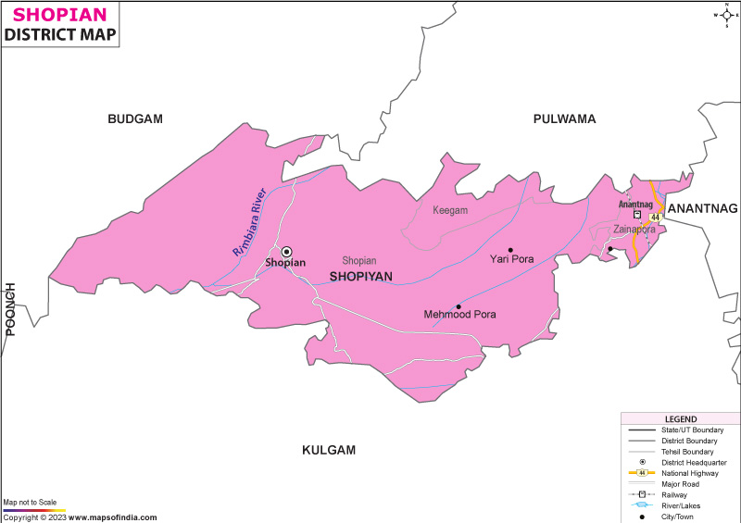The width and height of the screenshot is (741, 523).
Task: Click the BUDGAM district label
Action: (x=135, y=118)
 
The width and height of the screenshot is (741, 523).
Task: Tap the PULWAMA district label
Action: (x=564, y=118)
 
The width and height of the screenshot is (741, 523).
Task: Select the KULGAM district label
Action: (x=329, y=450)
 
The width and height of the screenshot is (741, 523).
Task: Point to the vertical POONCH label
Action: (x=11, y=308)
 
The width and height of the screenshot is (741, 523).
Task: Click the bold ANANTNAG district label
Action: (x=702, y=208)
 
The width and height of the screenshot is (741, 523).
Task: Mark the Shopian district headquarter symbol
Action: (x=286, y=251)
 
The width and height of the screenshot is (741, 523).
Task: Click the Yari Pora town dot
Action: (x=510, y=249)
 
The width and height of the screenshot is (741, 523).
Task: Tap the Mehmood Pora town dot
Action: (x=458, y=306)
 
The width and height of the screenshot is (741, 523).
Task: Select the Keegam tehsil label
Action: (x=450, y=210)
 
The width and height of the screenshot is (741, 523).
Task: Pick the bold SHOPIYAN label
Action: (x=360, y=277)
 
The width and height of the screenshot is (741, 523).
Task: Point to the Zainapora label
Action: (x=634, y=229)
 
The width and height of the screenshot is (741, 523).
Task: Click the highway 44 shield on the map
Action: (x=655, y=217)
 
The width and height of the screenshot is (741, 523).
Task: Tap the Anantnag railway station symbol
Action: (x=637, y=215)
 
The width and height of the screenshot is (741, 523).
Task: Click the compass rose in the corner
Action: (x=725, y=15)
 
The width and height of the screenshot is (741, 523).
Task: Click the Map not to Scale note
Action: (x=31, y=502)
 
